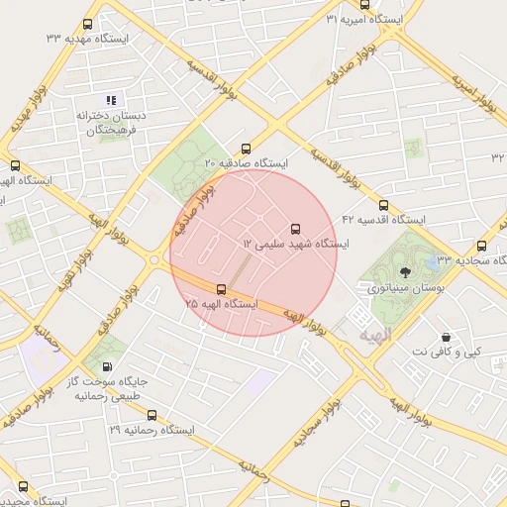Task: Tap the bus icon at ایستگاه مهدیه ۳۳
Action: (89, 24)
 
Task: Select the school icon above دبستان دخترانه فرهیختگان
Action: (111, 99)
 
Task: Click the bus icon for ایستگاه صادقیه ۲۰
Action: (246, 148)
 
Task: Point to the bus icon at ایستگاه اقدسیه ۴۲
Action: (384, 205)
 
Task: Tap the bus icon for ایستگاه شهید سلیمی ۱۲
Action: (294, 229)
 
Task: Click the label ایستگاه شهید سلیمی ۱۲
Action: (295, 244)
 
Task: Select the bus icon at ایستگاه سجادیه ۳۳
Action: (481, 247)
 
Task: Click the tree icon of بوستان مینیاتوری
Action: (404, 271)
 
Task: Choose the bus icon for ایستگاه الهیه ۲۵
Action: (221, 289)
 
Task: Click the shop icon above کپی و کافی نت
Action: (447, 337)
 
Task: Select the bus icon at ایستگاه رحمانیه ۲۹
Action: (152, 416)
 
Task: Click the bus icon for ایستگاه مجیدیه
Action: (23, 486)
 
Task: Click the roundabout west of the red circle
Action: (154, 259)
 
